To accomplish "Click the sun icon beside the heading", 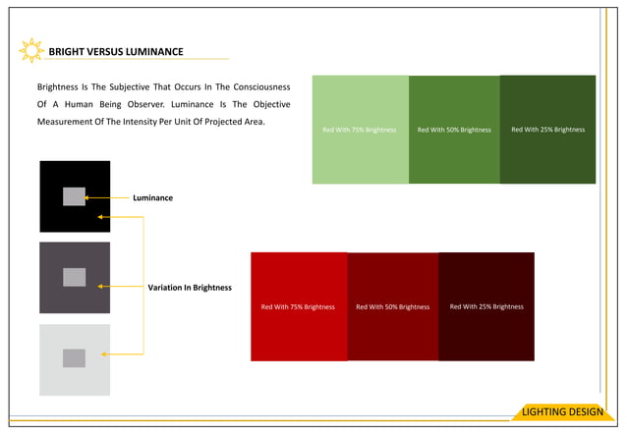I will click(31, 50).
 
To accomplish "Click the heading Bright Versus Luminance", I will click(116, 51).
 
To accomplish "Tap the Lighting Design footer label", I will click(563, 411).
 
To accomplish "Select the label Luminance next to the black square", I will click(152, 197).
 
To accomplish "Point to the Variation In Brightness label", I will click(190, 288).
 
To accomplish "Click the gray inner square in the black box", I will click(74, 196).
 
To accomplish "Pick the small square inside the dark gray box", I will click(74, 277).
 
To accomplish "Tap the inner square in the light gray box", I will click(74, 358).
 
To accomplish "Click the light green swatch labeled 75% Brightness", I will click(360, 130).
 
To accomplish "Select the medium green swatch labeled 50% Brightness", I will click(454, 130).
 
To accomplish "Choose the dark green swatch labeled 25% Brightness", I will click(547, 129).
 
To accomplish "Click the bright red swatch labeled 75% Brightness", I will click(298, 306).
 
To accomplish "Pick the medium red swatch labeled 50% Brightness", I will click(392, 306).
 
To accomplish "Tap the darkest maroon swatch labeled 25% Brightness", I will click(486, 306).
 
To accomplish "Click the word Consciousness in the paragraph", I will click(246, 85).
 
